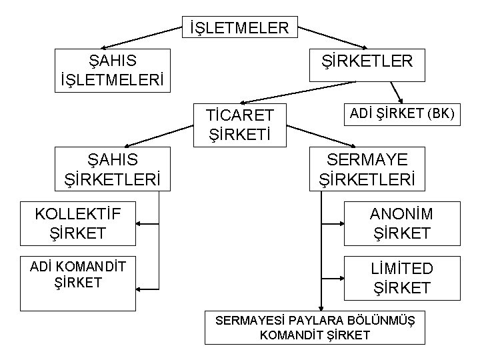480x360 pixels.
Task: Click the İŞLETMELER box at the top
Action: pos(239,28)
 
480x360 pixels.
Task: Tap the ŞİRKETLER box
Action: pos(367,61)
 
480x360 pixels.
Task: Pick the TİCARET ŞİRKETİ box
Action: pos(239,125)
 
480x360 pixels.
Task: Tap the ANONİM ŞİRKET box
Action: pos(401,223)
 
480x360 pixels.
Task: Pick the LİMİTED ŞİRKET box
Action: pos(401,279)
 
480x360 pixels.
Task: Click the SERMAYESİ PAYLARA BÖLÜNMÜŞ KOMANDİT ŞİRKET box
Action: pos(315,327)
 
